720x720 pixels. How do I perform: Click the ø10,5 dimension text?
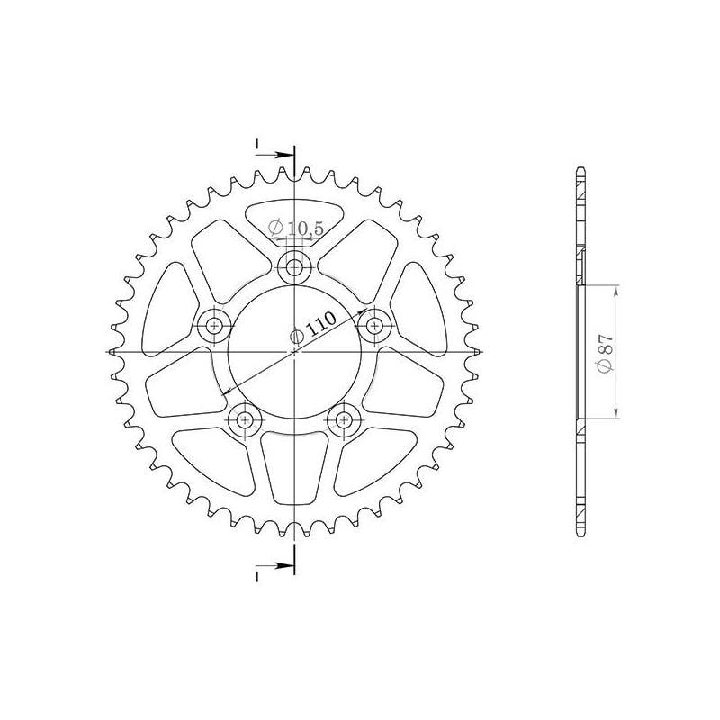[x=301, y=229]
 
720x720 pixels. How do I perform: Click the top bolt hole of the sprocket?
[x=294, y=266]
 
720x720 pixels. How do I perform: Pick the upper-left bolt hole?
[x=214, y=325]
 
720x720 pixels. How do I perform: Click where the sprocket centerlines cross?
[x=294, y=351]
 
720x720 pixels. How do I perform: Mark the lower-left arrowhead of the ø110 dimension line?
[x=226, y=392]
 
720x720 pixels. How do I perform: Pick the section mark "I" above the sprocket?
[x=257, y=144]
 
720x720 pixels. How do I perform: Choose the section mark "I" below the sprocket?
[x=257, y=573]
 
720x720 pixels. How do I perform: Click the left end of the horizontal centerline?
[x=108, y=351]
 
